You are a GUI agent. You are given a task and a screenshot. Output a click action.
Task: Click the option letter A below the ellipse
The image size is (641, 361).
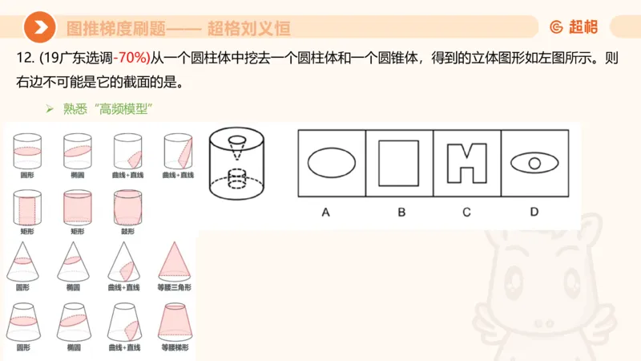[x=326, y=213]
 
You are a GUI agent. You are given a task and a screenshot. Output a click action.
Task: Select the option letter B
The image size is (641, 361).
[x=401, y=213]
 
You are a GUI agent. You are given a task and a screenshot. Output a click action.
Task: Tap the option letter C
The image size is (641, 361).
[x=466, y=213]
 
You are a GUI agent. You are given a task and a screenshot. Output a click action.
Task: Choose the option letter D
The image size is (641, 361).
[x=534, y=213]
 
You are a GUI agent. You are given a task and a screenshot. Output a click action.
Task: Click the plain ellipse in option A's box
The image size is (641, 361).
[x=332, y=163]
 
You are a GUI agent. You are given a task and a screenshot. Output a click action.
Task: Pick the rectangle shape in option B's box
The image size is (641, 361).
[x=399, y=163]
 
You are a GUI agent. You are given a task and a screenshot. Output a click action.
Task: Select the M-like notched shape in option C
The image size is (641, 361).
[x=467, y=163]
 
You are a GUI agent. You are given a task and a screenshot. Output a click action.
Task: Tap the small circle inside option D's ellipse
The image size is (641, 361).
[x=534, y=163]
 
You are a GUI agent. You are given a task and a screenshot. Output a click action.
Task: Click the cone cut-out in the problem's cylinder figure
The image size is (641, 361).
[x=237, y=145]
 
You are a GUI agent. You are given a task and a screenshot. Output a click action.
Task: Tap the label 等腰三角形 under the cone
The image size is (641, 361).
[x=175, y=287]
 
